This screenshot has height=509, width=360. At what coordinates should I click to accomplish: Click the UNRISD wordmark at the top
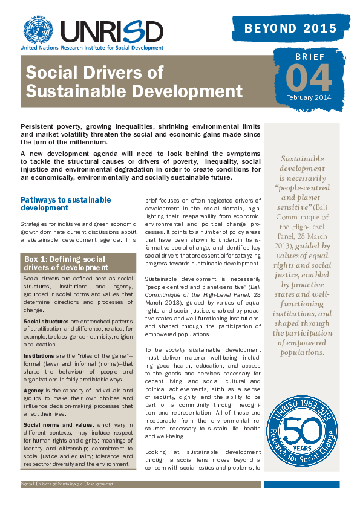pos(111,30)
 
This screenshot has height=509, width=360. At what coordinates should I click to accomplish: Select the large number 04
pos(308,77)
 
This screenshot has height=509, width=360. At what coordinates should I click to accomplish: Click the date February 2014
pos(309,97)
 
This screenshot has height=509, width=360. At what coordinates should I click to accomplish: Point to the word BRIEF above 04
pos(310,57)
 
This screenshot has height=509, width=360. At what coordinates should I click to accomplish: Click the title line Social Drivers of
pos(94,73)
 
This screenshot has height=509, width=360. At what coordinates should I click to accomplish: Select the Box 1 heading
pos(67,262)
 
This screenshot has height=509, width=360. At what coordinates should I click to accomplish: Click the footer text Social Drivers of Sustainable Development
pos(67,484)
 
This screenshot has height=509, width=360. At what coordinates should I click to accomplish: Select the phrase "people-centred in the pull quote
pos(301,187)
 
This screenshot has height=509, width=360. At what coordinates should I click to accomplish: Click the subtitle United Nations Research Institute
pos(91,47)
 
